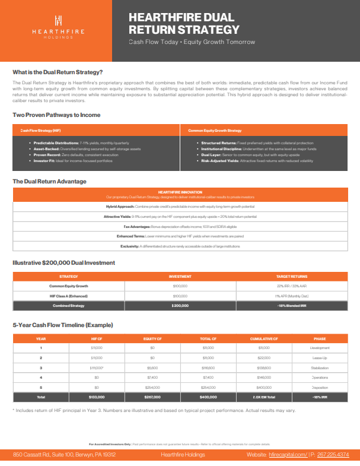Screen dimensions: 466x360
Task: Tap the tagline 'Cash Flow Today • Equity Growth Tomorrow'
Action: tap(192, 42)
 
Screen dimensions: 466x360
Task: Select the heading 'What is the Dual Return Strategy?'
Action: tap(58, 72)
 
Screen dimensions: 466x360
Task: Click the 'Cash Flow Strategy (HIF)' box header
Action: tap(41, 130)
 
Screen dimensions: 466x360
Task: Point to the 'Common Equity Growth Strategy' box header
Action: tap(215, 130)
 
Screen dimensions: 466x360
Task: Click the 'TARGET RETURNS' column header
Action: tap(291, 276)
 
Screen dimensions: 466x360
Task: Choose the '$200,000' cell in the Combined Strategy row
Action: tap(180, 305)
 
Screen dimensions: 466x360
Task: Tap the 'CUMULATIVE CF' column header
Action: tap(265, 338)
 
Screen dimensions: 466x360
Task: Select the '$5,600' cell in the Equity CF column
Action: tap(152, 367)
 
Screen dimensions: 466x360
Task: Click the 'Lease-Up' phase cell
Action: tap(320, 358)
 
